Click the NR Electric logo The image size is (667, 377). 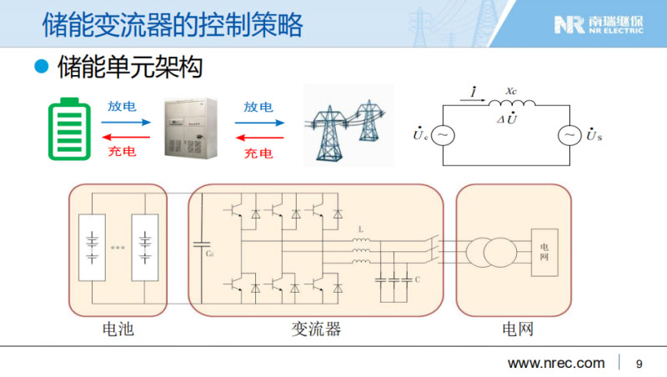(x=599, y=24)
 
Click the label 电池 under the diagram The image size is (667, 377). (x=117, y=329)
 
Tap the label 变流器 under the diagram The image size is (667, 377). (x=316, y=329)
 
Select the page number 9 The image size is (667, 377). (x=639, y=364)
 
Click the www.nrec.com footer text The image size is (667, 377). (x=556, y=364)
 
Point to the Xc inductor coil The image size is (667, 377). (x=512, y=103)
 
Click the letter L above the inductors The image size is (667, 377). (x=361, y=228)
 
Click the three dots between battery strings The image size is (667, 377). (x=117, y=248)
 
